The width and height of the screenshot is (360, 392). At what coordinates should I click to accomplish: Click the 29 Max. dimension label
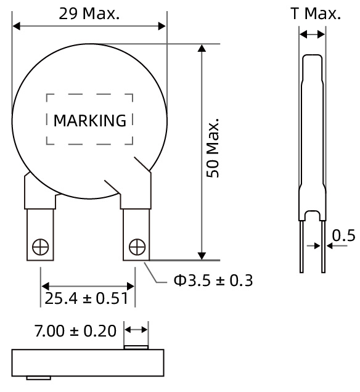[x=89, y=14]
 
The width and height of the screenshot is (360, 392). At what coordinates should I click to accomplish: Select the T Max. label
[x=315, y=14]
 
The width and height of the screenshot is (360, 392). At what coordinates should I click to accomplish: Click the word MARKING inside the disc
[x=89, y=120]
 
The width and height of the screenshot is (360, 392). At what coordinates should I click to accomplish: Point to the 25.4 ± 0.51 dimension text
[x=86, y=300]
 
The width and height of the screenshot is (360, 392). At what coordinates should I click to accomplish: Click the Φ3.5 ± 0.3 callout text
[x=213, y=280]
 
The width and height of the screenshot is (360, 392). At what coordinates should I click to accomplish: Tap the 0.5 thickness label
[x=343, y=235]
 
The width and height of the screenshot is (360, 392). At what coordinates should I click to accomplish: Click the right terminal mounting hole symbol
[x=136, y=247]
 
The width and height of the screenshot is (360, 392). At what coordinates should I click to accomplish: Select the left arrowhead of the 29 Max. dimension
[x=17, y=26]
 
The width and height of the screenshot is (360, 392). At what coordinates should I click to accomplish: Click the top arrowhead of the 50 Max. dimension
[x=201, y=49]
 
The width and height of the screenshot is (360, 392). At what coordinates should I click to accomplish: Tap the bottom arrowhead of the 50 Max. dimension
[x=201, y=255]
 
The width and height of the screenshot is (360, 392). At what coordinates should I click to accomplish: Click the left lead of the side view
[x=301, y=247]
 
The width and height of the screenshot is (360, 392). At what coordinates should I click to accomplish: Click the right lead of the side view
[x=322, y=247]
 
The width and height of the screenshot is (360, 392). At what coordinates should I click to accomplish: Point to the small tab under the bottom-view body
[x=38, y=378]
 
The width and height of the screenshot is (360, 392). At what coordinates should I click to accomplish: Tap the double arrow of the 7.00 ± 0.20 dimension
[x=136, y=330]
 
